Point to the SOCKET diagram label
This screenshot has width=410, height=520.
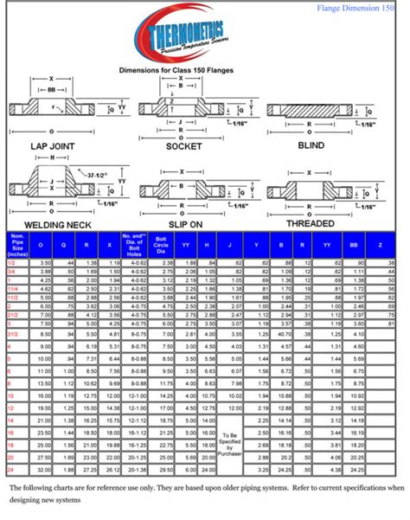[183, 146]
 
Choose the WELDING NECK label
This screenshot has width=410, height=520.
[58, 223]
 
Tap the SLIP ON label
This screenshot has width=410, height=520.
[184, 223]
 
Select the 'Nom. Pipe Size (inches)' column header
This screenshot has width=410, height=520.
[17, 245]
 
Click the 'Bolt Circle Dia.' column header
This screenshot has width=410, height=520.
[163, 245]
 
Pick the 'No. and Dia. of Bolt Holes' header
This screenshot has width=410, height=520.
[133, 245]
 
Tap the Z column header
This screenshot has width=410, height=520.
[380, 245]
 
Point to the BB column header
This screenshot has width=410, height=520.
[355, 245]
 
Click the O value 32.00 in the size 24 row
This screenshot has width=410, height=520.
[42, 469]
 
